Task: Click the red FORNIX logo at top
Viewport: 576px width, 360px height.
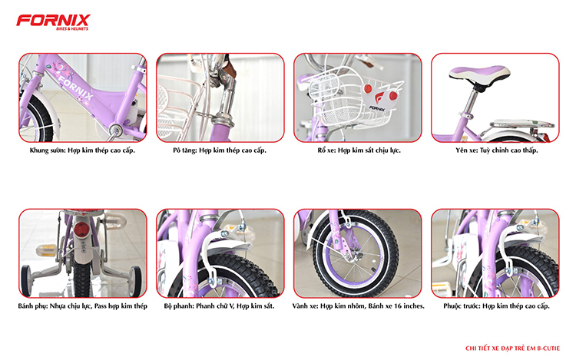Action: pos(53,20)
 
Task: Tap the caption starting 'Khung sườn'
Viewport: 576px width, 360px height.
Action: pos(81,151)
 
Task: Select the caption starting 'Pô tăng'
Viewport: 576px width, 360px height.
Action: pos(220,151)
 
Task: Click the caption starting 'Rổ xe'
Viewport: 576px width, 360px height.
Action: pos(358,151)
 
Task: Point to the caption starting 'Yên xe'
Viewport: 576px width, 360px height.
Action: pos(495,151)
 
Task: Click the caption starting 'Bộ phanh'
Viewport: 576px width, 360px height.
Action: pos(220,306)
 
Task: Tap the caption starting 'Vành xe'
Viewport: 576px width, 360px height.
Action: pos(358,306)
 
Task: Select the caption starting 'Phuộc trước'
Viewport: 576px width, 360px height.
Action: pos(496,306)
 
